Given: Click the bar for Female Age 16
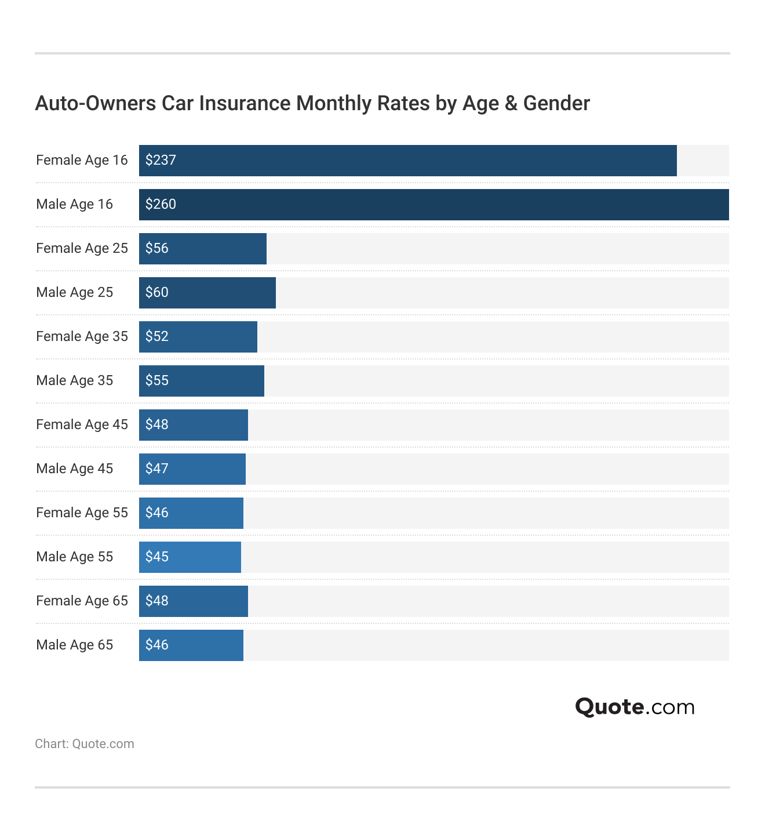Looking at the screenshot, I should (407, 161).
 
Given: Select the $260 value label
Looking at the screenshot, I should (161, 205).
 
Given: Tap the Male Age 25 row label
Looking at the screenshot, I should (74, 292).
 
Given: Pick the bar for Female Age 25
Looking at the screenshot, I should (203, 249).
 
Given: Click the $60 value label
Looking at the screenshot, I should (157, 292).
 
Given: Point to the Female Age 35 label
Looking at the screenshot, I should (82, 336).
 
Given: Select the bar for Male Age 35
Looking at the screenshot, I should (202, 381).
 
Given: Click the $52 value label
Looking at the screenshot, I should (157, 336).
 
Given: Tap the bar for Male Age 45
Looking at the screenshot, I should (192, 469).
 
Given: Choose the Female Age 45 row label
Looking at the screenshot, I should (82, 424).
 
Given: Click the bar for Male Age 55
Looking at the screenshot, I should (190, 557).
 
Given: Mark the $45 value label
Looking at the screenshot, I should (157, 557).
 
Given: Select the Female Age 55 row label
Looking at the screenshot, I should (82, 513).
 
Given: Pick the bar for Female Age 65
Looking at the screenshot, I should (194, 601).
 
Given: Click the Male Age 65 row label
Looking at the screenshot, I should (74, 645).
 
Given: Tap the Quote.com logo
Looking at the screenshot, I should (635, 707).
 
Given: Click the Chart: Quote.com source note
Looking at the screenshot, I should (85, 744).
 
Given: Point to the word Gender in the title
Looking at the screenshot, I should (556, 103).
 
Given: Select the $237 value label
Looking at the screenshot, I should (161, 161).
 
